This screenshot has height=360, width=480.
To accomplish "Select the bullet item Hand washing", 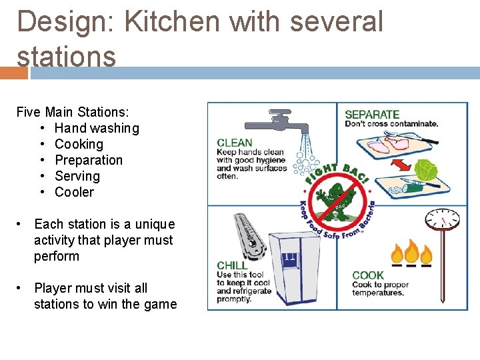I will coord(97,128).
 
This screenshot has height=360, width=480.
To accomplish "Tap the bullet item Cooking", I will coord(79,144).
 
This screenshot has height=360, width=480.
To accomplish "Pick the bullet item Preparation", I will coord(89,160).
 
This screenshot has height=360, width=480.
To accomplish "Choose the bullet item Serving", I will coord(77,176).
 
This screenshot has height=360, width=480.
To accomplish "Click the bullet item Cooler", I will coord(74,192).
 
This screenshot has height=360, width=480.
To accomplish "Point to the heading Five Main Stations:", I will coord(73,112).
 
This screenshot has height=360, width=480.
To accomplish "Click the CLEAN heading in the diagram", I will coord(234,142).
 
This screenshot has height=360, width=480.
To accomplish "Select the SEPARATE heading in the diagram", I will coord(371,114).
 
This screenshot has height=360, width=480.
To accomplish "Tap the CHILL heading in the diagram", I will coord(231,265).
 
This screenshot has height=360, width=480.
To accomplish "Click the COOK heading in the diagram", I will coord(367,275).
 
